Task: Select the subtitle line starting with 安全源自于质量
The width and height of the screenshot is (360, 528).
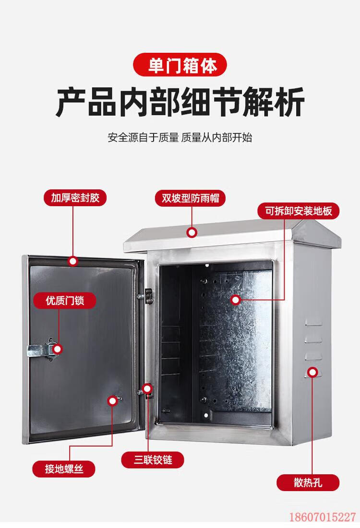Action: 180,138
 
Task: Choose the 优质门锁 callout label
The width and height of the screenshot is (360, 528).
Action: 64,301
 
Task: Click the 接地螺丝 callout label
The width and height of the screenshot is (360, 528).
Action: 64,469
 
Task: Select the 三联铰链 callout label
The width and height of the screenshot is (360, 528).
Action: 153,460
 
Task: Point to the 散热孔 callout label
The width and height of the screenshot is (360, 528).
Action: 309,482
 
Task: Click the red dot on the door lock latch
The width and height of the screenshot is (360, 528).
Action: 58,349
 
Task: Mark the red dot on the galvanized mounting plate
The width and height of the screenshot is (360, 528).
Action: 235,300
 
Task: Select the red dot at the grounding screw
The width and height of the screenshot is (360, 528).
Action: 113,400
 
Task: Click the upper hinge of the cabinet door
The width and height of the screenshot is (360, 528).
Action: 148,295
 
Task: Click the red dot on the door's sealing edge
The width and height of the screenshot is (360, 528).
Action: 73,261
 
